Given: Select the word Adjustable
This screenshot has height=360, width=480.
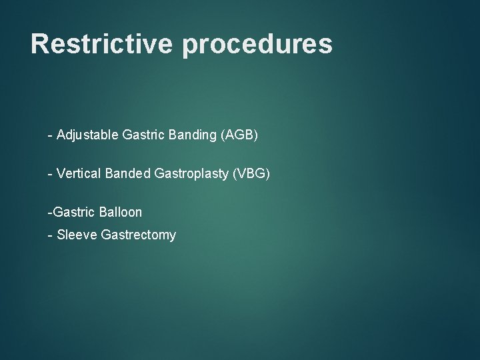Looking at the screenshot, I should click(88, 135).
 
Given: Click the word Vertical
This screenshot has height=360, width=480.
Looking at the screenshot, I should click(79, 173).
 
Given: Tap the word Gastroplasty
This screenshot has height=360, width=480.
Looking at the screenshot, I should click(192, 174).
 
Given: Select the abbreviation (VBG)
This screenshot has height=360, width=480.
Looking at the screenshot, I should click(251, 173).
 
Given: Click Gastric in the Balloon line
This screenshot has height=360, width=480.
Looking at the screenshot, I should click(73, 212).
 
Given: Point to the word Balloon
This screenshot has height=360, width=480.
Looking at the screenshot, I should click(120, 212).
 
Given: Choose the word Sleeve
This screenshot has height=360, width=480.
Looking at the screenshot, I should click(77, 235).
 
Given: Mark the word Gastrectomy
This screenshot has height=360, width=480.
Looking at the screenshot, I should click(139, 235).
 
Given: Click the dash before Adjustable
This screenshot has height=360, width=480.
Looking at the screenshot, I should click(50, 136).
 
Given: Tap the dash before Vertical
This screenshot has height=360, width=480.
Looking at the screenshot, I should click(50, 174).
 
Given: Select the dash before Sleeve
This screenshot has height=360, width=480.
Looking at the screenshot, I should click(50, 235).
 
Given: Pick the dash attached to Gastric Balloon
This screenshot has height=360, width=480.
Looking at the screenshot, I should click(49, 213).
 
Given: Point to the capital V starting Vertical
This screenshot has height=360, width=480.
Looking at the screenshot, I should click(61, 173).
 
